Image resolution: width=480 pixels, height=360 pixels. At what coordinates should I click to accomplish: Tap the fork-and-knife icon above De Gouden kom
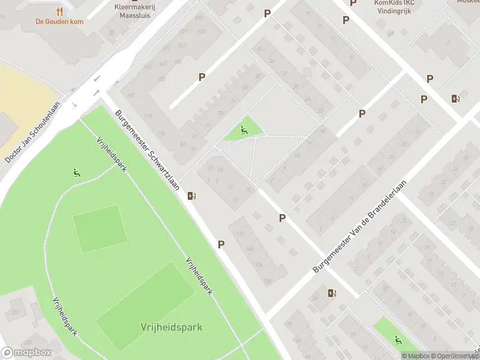(x=58, y=11)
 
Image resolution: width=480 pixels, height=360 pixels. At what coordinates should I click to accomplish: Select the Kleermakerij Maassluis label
(x=134, y=11)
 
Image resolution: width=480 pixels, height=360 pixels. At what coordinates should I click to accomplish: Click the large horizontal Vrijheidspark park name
(x=172, y=327)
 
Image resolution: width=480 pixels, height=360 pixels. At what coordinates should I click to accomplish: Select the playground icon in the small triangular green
(x=243, y=130)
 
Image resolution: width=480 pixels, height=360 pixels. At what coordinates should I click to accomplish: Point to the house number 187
(x=178, y=61)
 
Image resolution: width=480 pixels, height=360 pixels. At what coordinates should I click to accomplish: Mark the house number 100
(x=267, y=281)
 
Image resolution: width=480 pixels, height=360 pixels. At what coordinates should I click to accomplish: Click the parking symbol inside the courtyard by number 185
(x=202, y=77)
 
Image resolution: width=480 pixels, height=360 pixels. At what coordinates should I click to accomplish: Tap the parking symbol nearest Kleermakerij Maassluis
(x=267, y=13)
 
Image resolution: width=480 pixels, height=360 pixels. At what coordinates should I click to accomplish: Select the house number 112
(x=241, y=233)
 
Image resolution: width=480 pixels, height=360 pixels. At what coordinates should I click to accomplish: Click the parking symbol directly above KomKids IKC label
(x=353, y=2)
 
